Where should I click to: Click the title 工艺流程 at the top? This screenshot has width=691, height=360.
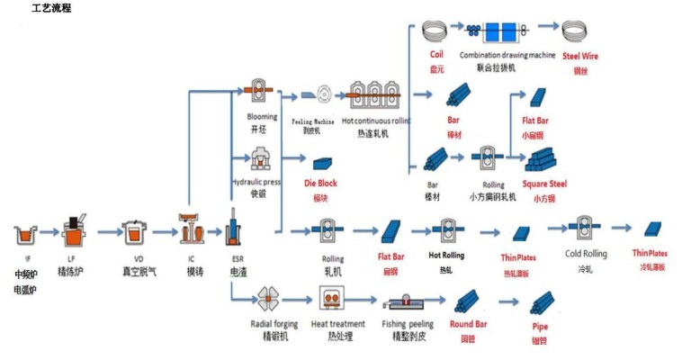pyautogui.click(x=50, y=8)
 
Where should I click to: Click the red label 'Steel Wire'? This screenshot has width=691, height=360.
pyautogui.click(x=580, y=56)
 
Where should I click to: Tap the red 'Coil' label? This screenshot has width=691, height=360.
pyautogui.click(x=436, y=55)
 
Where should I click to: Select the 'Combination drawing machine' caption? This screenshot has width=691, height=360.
pyautogui.click(x=507, y=55)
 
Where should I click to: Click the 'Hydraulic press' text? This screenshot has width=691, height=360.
pyautogui.click(x=256, y=182)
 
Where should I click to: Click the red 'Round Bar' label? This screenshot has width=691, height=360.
pyautogui.click(x=468, y=323)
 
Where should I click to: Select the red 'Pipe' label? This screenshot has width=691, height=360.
pyautogui.click(x=541, y=328)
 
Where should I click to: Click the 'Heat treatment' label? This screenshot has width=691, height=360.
pyautogui.click(x=337, y=323)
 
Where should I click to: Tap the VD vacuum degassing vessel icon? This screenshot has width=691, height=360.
pyautogui.click(x=137, y=233)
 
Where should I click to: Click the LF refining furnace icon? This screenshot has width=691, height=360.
pyautogui.click(x=75, y=230)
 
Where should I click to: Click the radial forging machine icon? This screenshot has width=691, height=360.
pyautogui.click(x=267, y=299)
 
